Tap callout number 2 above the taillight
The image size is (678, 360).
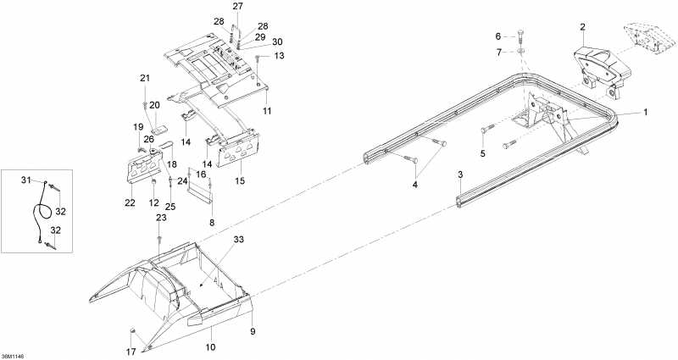[x=582, y=28]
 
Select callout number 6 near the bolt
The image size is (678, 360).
[x=498, y=36]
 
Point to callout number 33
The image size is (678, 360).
[x=238, y=240]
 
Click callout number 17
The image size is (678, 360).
[x=131, y=351]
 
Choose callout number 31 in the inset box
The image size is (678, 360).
[x=25, y=180]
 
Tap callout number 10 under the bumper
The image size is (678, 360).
[x=211, y=346]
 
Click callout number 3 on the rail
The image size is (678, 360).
[x=460, y=174]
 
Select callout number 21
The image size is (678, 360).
[x=145, y=79]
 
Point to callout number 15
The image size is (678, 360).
[x=239, y=180]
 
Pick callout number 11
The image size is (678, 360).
[x=266, y=110]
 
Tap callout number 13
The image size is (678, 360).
[x=280, y=56]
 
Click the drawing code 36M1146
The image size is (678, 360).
[x=13, y=355]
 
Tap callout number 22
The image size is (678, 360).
[x=130, y=202]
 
